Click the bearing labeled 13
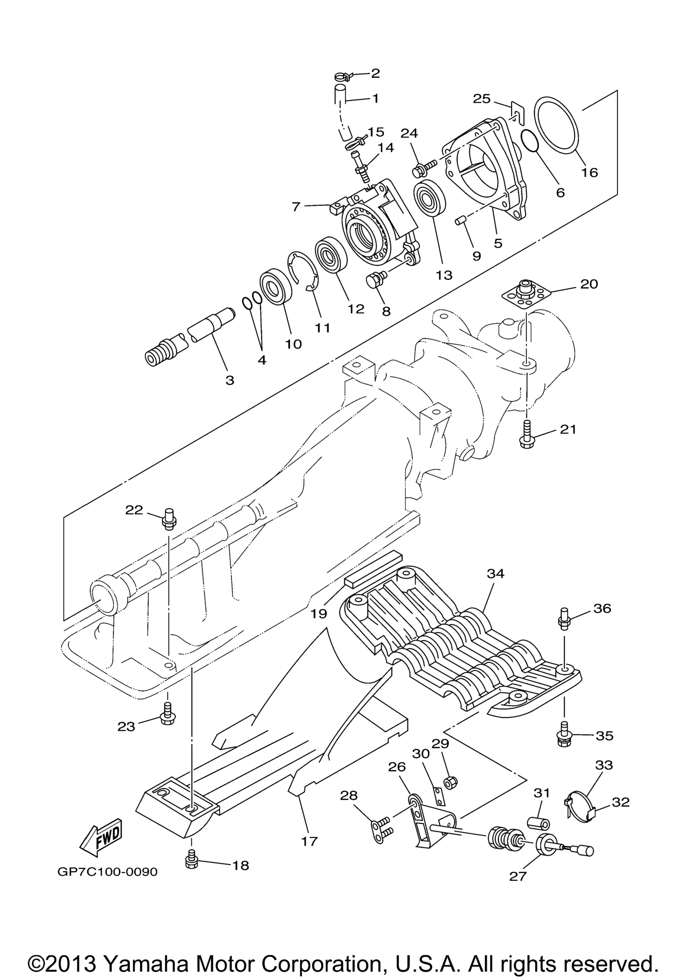point(430,199)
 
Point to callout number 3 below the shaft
point(230,380)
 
